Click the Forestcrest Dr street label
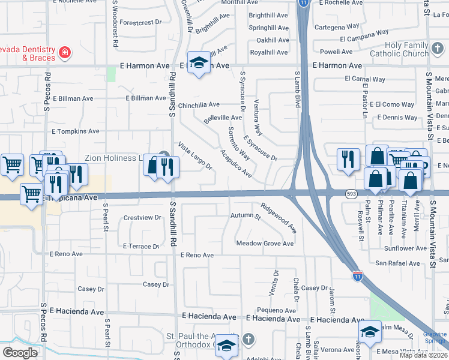141,22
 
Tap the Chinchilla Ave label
198,104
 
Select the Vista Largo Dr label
194,155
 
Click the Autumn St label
246,215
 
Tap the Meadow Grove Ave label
265,244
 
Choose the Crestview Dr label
142,217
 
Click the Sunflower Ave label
405,248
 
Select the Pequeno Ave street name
276,311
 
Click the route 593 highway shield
352,193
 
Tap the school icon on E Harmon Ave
198,62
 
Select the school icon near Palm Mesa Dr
370,331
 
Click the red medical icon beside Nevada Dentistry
63,53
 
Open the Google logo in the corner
20,353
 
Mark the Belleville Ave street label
223,118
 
